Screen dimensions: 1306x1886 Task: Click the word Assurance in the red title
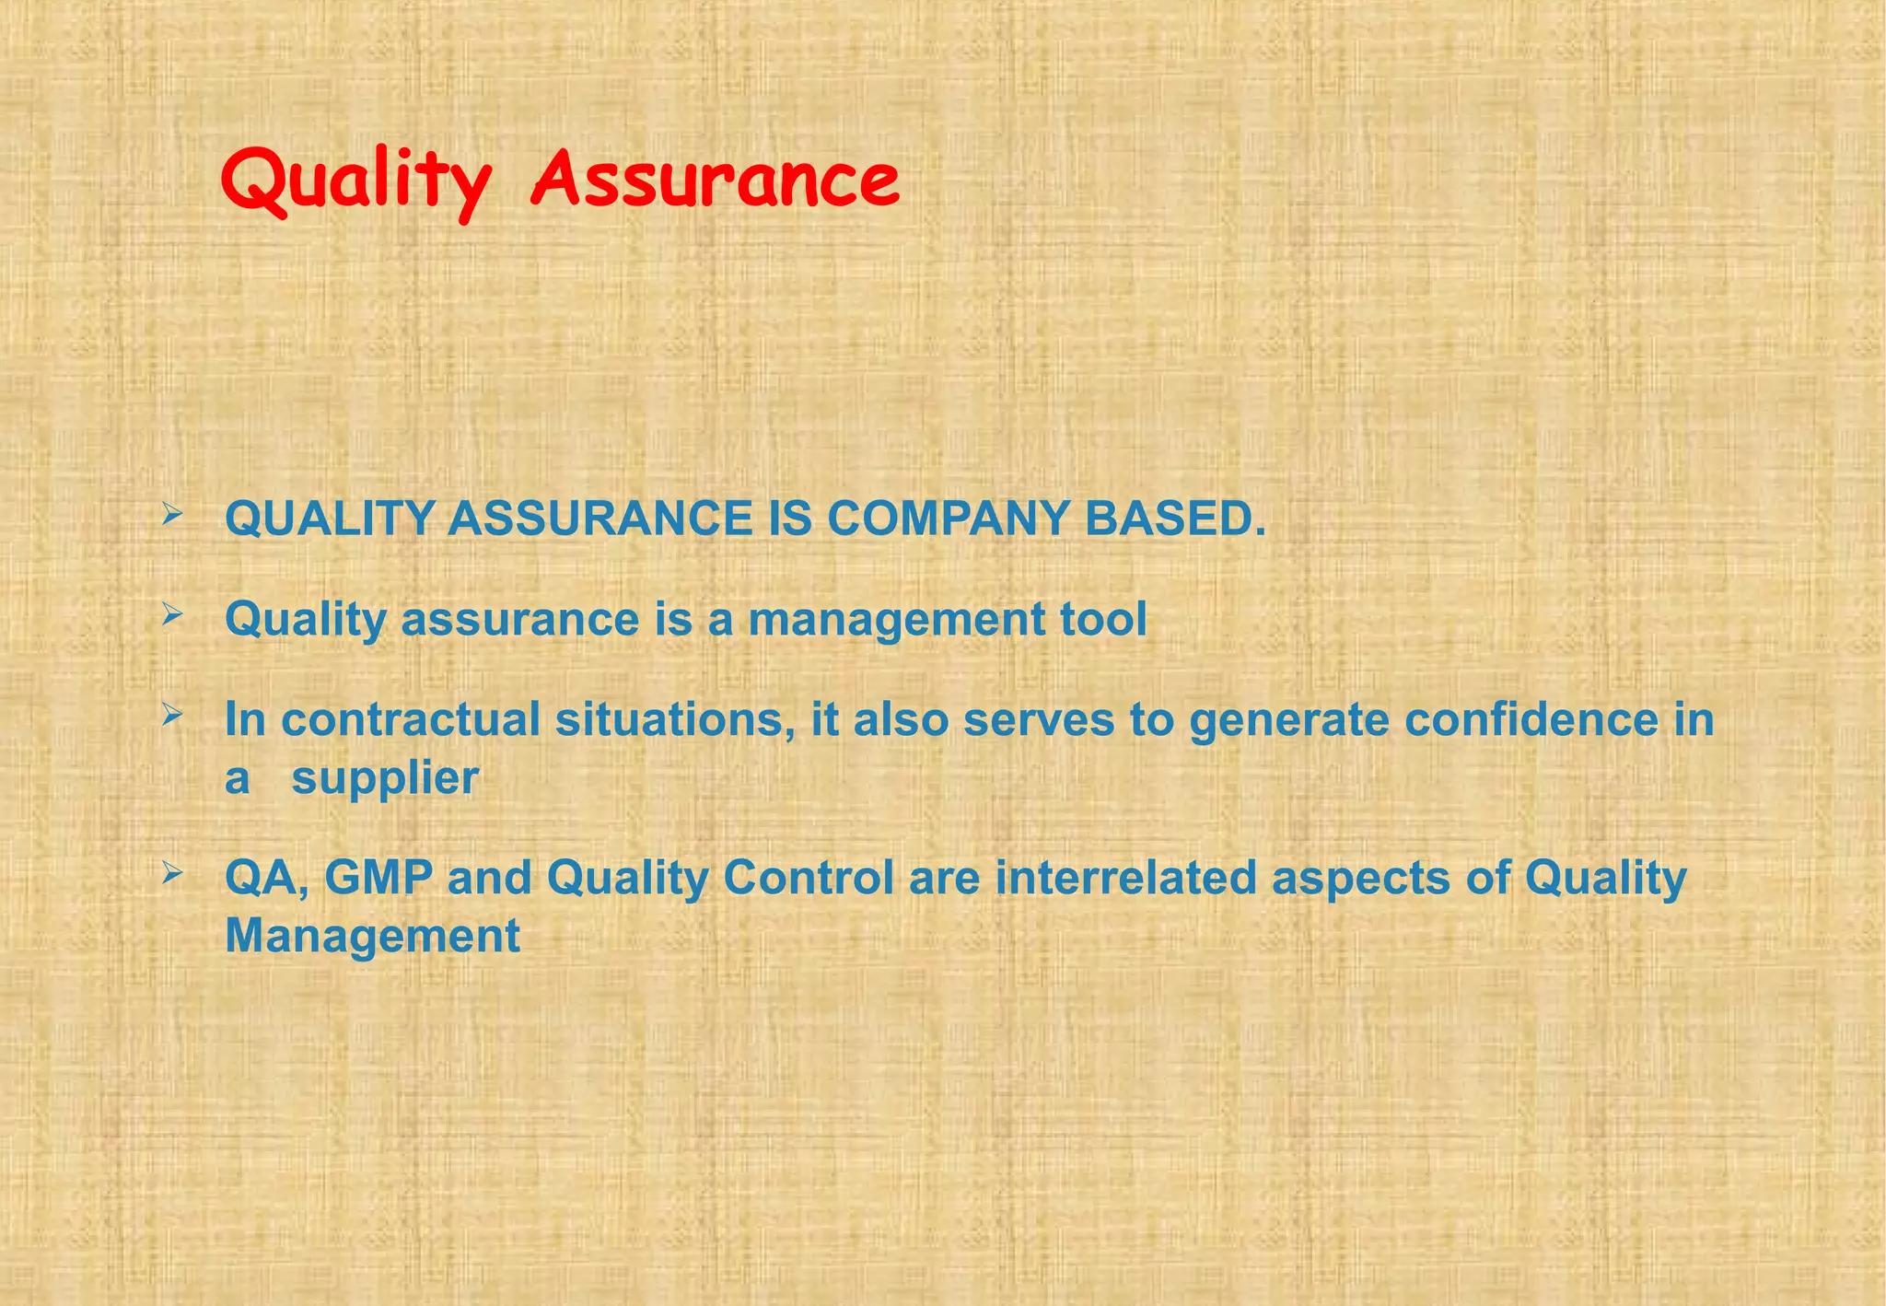[x=715, y=180]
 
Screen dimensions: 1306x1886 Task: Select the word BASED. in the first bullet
[x=1175, y=519]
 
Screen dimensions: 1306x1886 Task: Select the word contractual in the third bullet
[x=410, y=719]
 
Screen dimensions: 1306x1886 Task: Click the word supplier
[x=385, y=779]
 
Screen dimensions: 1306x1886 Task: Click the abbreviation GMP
[x=378, y=878]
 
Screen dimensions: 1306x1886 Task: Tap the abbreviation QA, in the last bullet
[x=266, y=878]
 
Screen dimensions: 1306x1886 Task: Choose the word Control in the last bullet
[x=808, y=878]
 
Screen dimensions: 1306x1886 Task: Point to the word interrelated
[x=1125, y=878]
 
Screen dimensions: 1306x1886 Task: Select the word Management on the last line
[x=372, y=937]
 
